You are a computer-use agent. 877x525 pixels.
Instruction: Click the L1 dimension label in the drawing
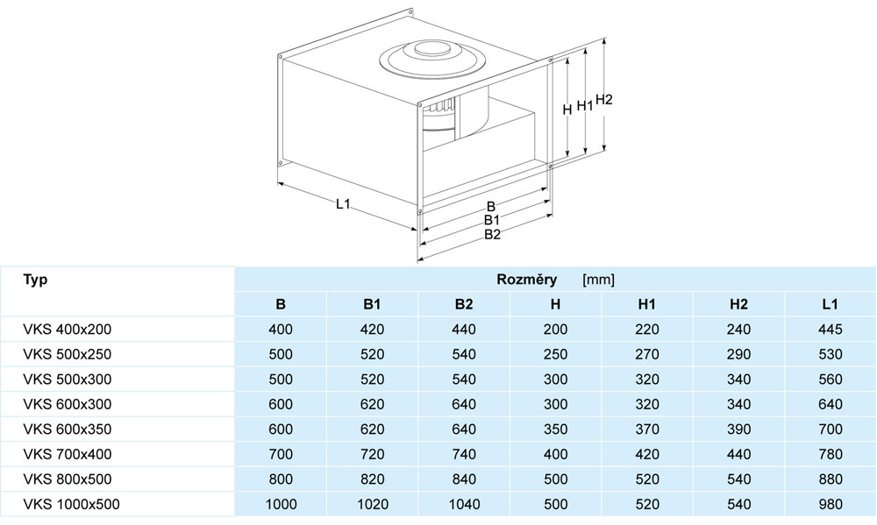pyautogui.click(x=343, y=204)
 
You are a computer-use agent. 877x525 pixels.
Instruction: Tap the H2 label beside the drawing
pyautogui.click(x=604, y=100)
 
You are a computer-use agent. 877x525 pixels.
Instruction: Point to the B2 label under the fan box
pyautogui.click(x=492, y=235)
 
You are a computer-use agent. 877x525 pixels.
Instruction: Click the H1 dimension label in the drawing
pyautogui.click(x=585, y=105)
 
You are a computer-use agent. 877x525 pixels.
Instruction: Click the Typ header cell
pyautogui.click(x=35, y=280)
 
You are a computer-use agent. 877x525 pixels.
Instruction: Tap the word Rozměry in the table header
pyautogui.click(x=527, y=280)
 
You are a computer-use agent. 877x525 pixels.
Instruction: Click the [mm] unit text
pyautogui.click(x=598, y=280)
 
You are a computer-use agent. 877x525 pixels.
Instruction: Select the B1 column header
pyautogui.click(x=372, y=304)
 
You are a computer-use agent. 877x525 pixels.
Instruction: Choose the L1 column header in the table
pyautogui.click(x=830, y=304)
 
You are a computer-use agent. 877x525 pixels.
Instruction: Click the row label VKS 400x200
pyautogui.click(x=68, y=330)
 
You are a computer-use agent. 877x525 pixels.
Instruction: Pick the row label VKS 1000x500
pyautogui.click(x=72, y=504)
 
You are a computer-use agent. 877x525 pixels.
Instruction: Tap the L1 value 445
pyautogui.click(x=830, y=330)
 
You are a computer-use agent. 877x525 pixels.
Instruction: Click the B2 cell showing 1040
pyautogui.click(x=464, y=504)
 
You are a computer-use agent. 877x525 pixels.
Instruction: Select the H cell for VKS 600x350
pyautogui.click(x=555, y=429)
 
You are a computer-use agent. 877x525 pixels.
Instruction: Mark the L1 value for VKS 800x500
pyautogui.click(x=830, y=479)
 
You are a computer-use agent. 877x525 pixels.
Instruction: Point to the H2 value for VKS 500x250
pyautogui.click(x=738, y=354)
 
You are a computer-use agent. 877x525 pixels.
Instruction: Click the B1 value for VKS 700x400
pyautogui.click(x=372, y=455)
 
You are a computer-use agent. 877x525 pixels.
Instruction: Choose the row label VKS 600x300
pyautogui.click(x=68, y=404)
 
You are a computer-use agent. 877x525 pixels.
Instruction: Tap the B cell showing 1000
pyautogui.click(x=281, y=504)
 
